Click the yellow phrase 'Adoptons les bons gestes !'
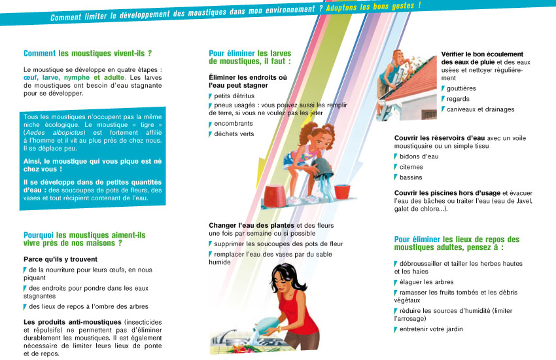pos(374,7)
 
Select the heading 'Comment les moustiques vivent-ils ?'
pos(88,53)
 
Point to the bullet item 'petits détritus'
pos(234,96)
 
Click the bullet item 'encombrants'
pos(234,124)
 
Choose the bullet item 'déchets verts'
pos(234,134)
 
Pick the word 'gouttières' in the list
pos(461,88)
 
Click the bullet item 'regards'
pos(458,99)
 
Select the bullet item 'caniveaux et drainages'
pos(480,109)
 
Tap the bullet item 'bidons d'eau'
pos(419,156)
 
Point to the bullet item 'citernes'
pos(411,167)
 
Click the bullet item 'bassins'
pos(411,177)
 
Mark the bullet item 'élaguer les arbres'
pos(426,282)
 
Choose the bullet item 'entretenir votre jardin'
pos(431,329)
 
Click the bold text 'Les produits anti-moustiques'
pos(73,322)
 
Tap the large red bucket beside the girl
pos(275,196)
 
